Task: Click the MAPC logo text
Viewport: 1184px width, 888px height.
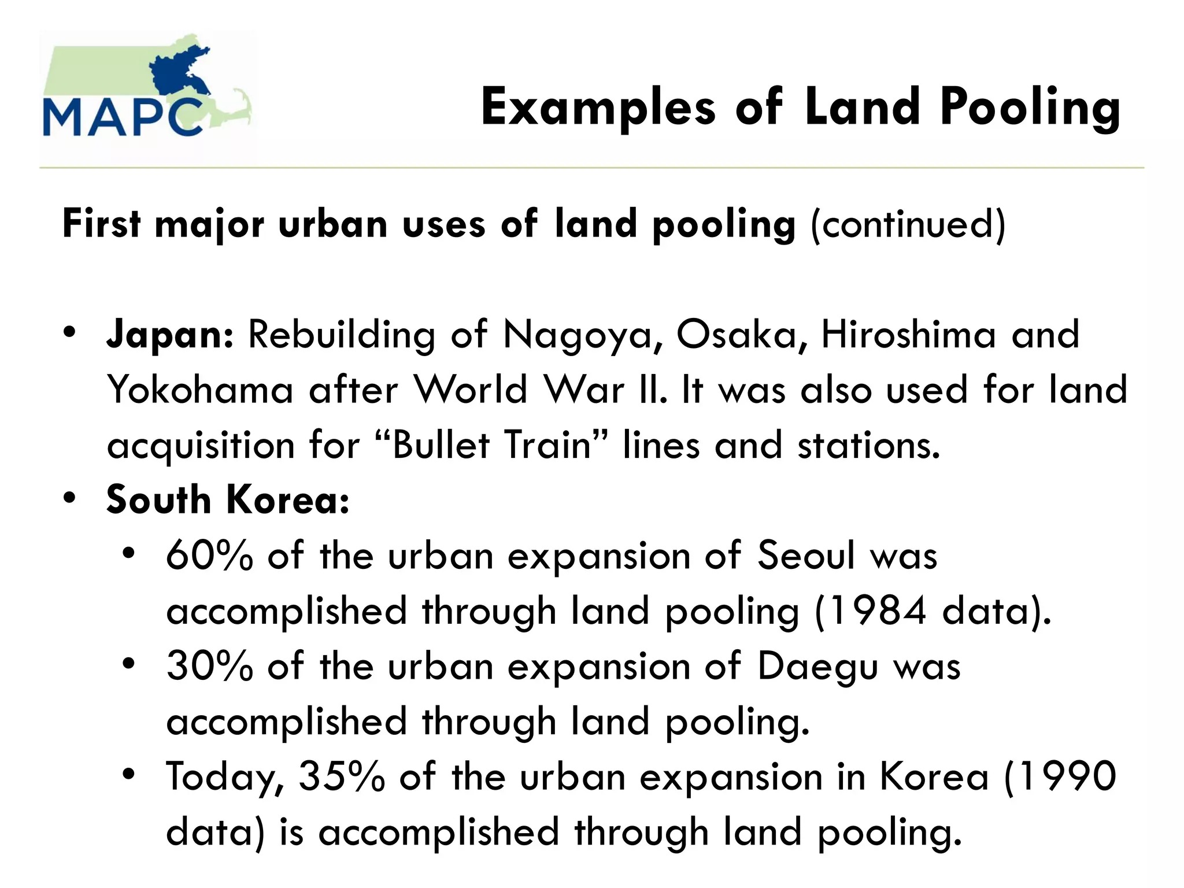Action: [123, 118]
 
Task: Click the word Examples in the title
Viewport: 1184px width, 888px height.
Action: [598, 108]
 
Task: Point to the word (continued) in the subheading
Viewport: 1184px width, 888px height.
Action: [908, 224]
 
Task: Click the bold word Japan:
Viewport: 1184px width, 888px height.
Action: [170, 335]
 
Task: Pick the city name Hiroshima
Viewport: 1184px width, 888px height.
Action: [908, 335]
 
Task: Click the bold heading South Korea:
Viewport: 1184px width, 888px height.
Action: [228, 499]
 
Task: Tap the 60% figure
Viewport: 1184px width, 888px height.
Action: [209, 556]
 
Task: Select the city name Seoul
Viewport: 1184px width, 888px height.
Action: [806, 556]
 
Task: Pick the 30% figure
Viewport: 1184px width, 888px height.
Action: [209, 666]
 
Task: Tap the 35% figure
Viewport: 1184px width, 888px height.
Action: [341, 776]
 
